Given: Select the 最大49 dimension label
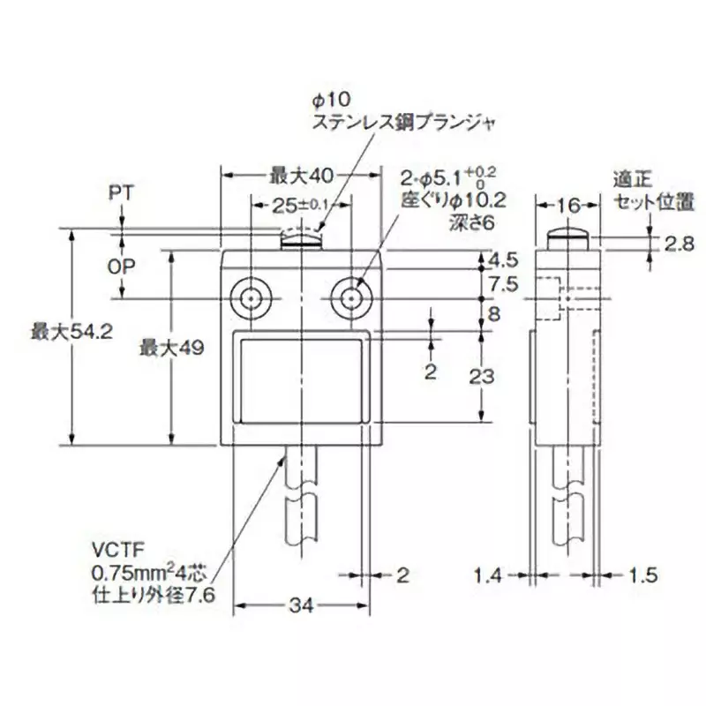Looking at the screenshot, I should [x=171, y=348].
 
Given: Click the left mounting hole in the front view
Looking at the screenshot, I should [x=250, y=298].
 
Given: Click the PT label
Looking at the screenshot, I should [x=121, y=191].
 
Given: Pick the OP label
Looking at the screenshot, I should [x=121, y=266].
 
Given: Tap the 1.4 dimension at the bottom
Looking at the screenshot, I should [x=495, y=576].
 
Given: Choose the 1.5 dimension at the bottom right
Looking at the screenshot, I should [x=643, y=576].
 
